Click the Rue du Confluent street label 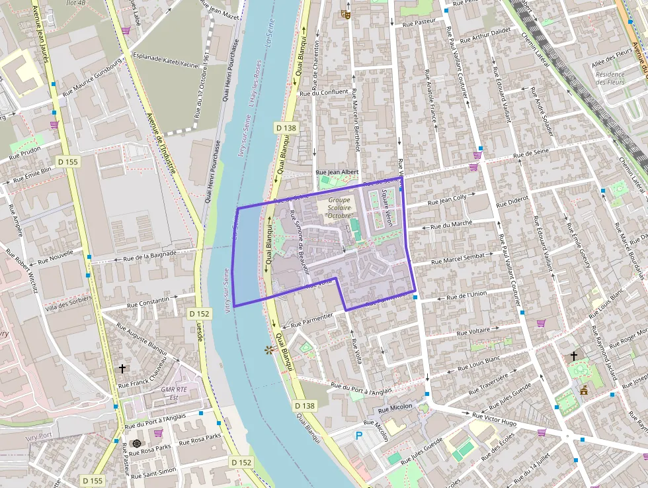pyautogui.click(x=324, y=92)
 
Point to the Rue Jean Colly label pyautogui.click(x=447, y=199)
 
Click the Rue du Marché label pyautogui.click(x=451, y=224)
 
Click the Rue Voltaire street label pyautogui.click(x=473, y=330)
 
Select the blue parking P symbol pyautogui.click(x=359, y=436)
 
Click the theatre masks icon pyautogui.click(x=345, y=13)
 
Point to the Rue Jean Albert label pyautogui.click(x=338, y=172)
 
